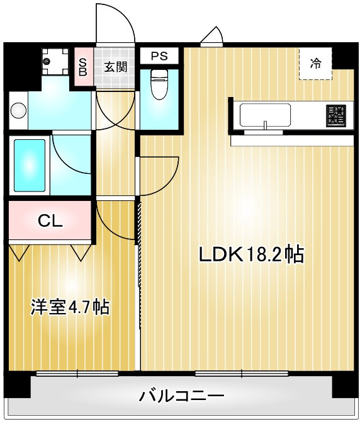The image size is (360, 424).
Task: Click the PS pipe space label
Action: point(159,56)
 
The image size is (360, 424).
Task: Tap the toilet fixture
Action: point(159,84)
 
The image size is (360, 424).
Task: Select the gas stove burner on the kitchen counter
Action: point(336,116)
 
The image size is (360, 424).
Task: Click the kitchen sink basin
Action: point(265,115)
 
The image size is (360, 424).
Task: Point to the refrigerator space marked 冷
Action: point(315,64)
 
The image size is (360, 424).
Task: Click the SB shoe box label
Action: point(83,67)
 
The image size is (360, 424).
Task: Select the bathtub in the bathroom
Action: point(30,166)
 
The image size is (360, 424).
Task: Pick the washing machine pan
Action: point(55,61)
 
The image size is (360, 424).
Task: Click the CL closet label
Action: point(50,221)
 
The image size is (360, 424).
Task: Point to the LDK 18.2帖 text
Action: point(251,254)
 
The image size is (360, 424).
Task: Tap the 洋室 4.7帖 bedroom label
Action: point(70,307)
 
